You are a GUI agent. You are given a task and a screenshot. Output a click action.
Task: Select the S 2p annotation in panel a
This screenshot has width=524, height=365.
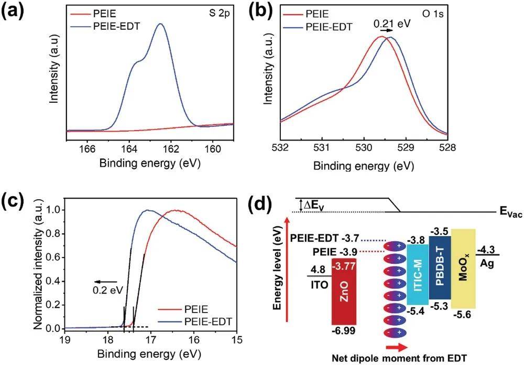(x=217, y=12)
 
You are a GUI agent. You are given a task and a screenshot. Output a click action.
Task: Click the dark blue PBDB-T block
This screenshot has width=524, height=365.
(x=439, y=267)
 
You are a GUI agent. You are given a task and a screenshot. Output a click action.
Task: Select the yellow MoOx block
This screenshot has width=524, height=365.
(x=463, y=269)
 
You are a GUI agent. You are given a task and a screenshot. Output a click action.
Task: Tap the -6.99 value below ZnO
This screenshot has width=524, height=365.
(x=344, y=331)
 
